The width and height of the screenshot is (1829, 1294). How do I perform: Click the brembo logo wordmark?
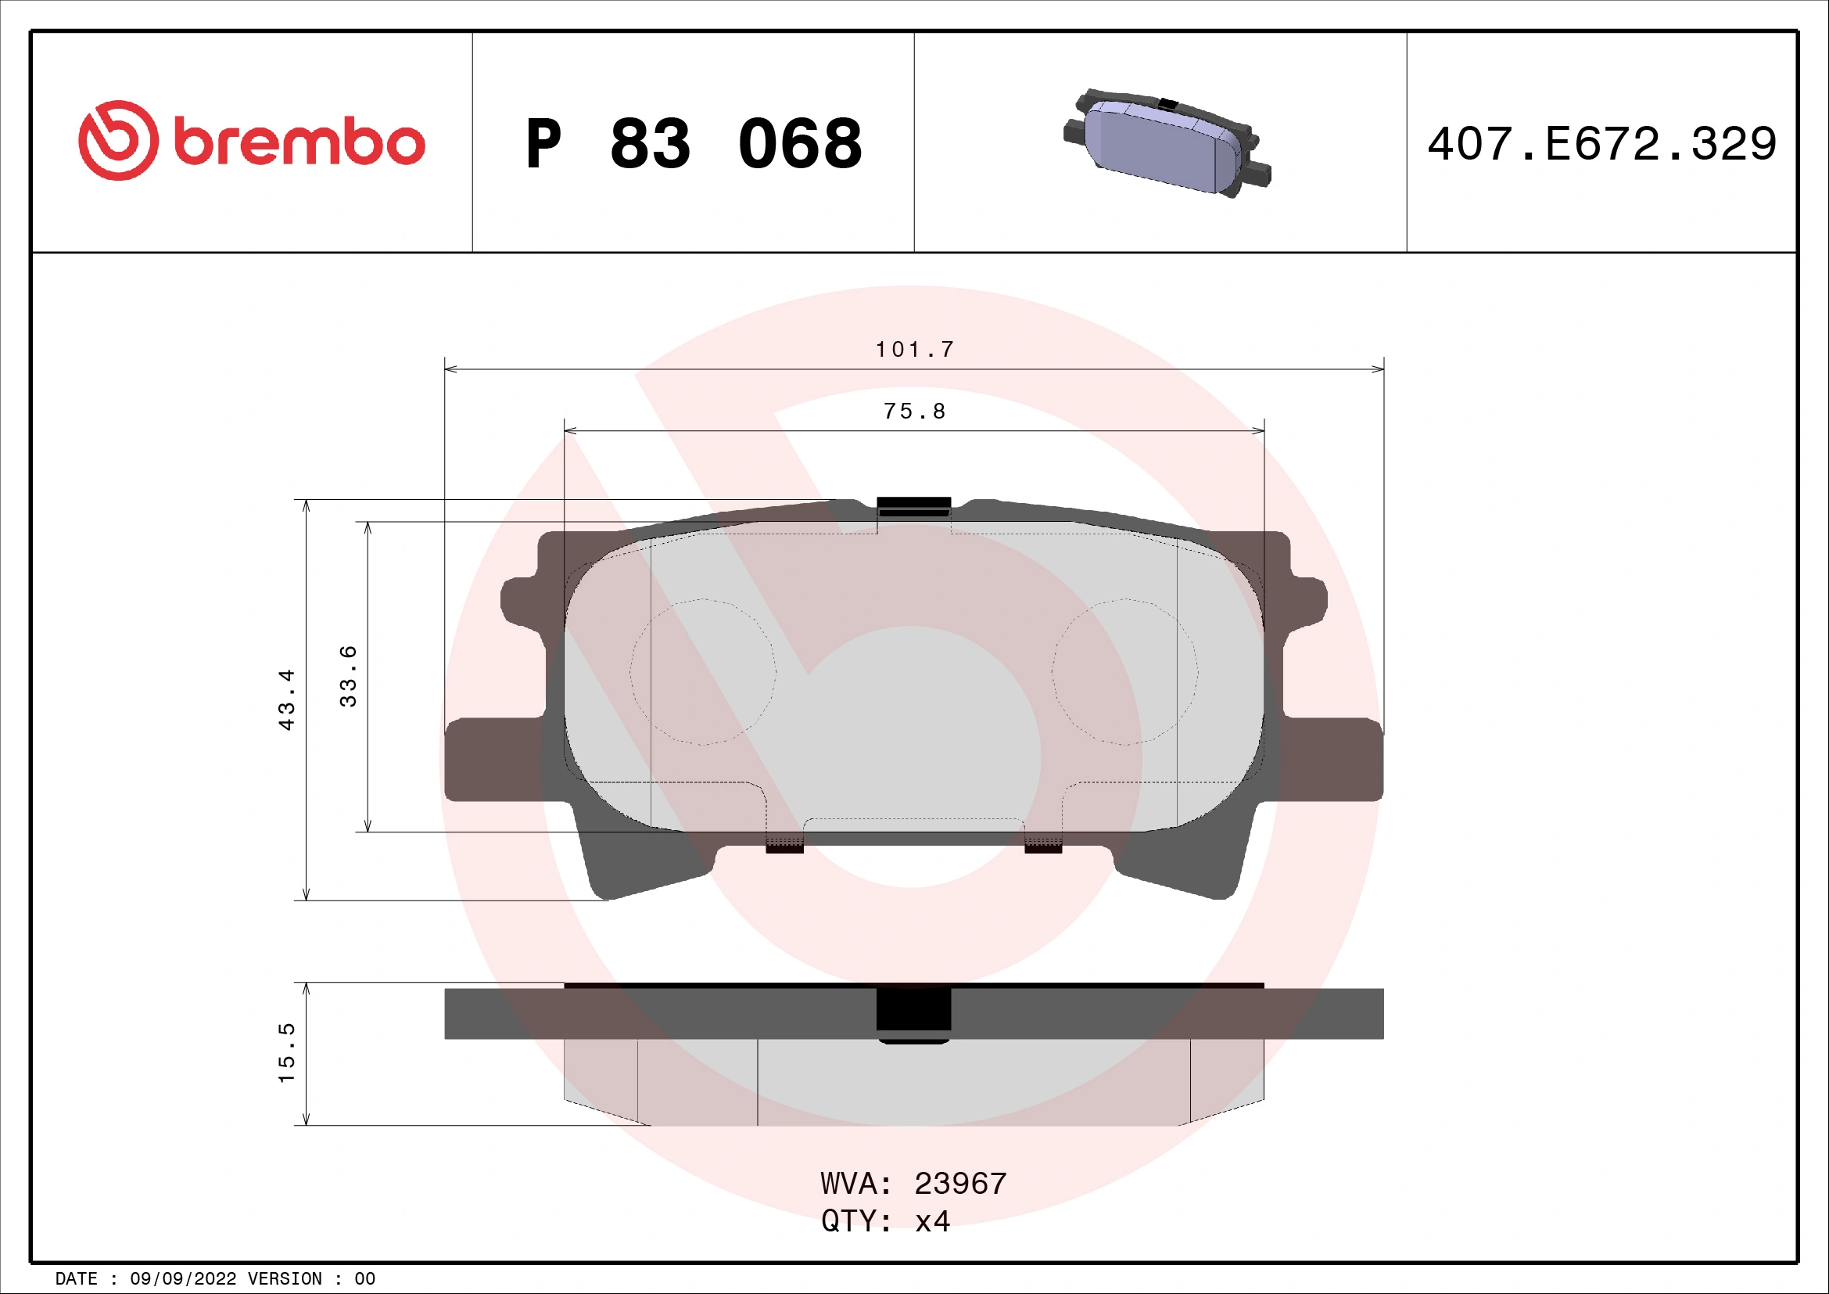[x=299, y=142]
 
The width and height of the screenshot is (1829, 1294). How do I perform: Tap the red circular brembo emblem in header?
[x=118, y=140]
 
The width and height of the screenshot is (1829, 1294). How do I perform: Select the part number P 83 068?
[x=693, y=144]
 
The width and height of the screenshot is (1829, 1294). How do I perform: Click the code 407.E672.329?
[x=1601, y=144]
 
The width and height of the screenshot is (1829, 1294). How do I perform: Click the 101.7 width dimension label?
[x=915, y=350]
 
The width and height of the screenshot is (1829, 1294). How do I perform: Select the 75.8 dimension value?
[x=915, y=412]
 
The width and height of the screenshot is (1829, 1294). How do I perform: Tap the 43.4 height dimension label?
[x=287, y=699]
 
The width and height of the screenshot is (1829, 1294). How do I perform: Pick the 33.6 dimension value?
[x=348, y=676]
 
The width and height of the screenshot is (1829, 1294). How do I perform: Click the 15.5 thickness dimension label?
[x=287, y=1051]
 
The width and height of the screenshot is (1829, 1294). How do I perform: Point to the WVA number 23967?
[x=960, y=1183]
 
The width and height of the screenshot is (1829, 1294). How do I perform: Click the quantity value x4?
[x=932, y=1220]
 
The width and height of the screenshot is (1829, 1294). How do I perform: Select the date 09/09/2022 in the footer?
[x=183, y=1278]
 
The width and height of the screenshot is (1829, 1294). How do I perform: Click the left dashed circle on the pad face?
[x=703, y=672]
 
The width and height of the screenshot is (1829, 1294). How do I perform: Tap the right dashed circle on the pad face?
[x=1124, y=672]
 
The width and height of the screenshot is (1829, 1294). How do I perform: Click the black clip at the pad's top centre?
[x=913, y=506]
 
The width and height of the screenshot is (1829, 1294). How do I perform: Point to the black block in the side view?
[x=913, y=1011]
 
